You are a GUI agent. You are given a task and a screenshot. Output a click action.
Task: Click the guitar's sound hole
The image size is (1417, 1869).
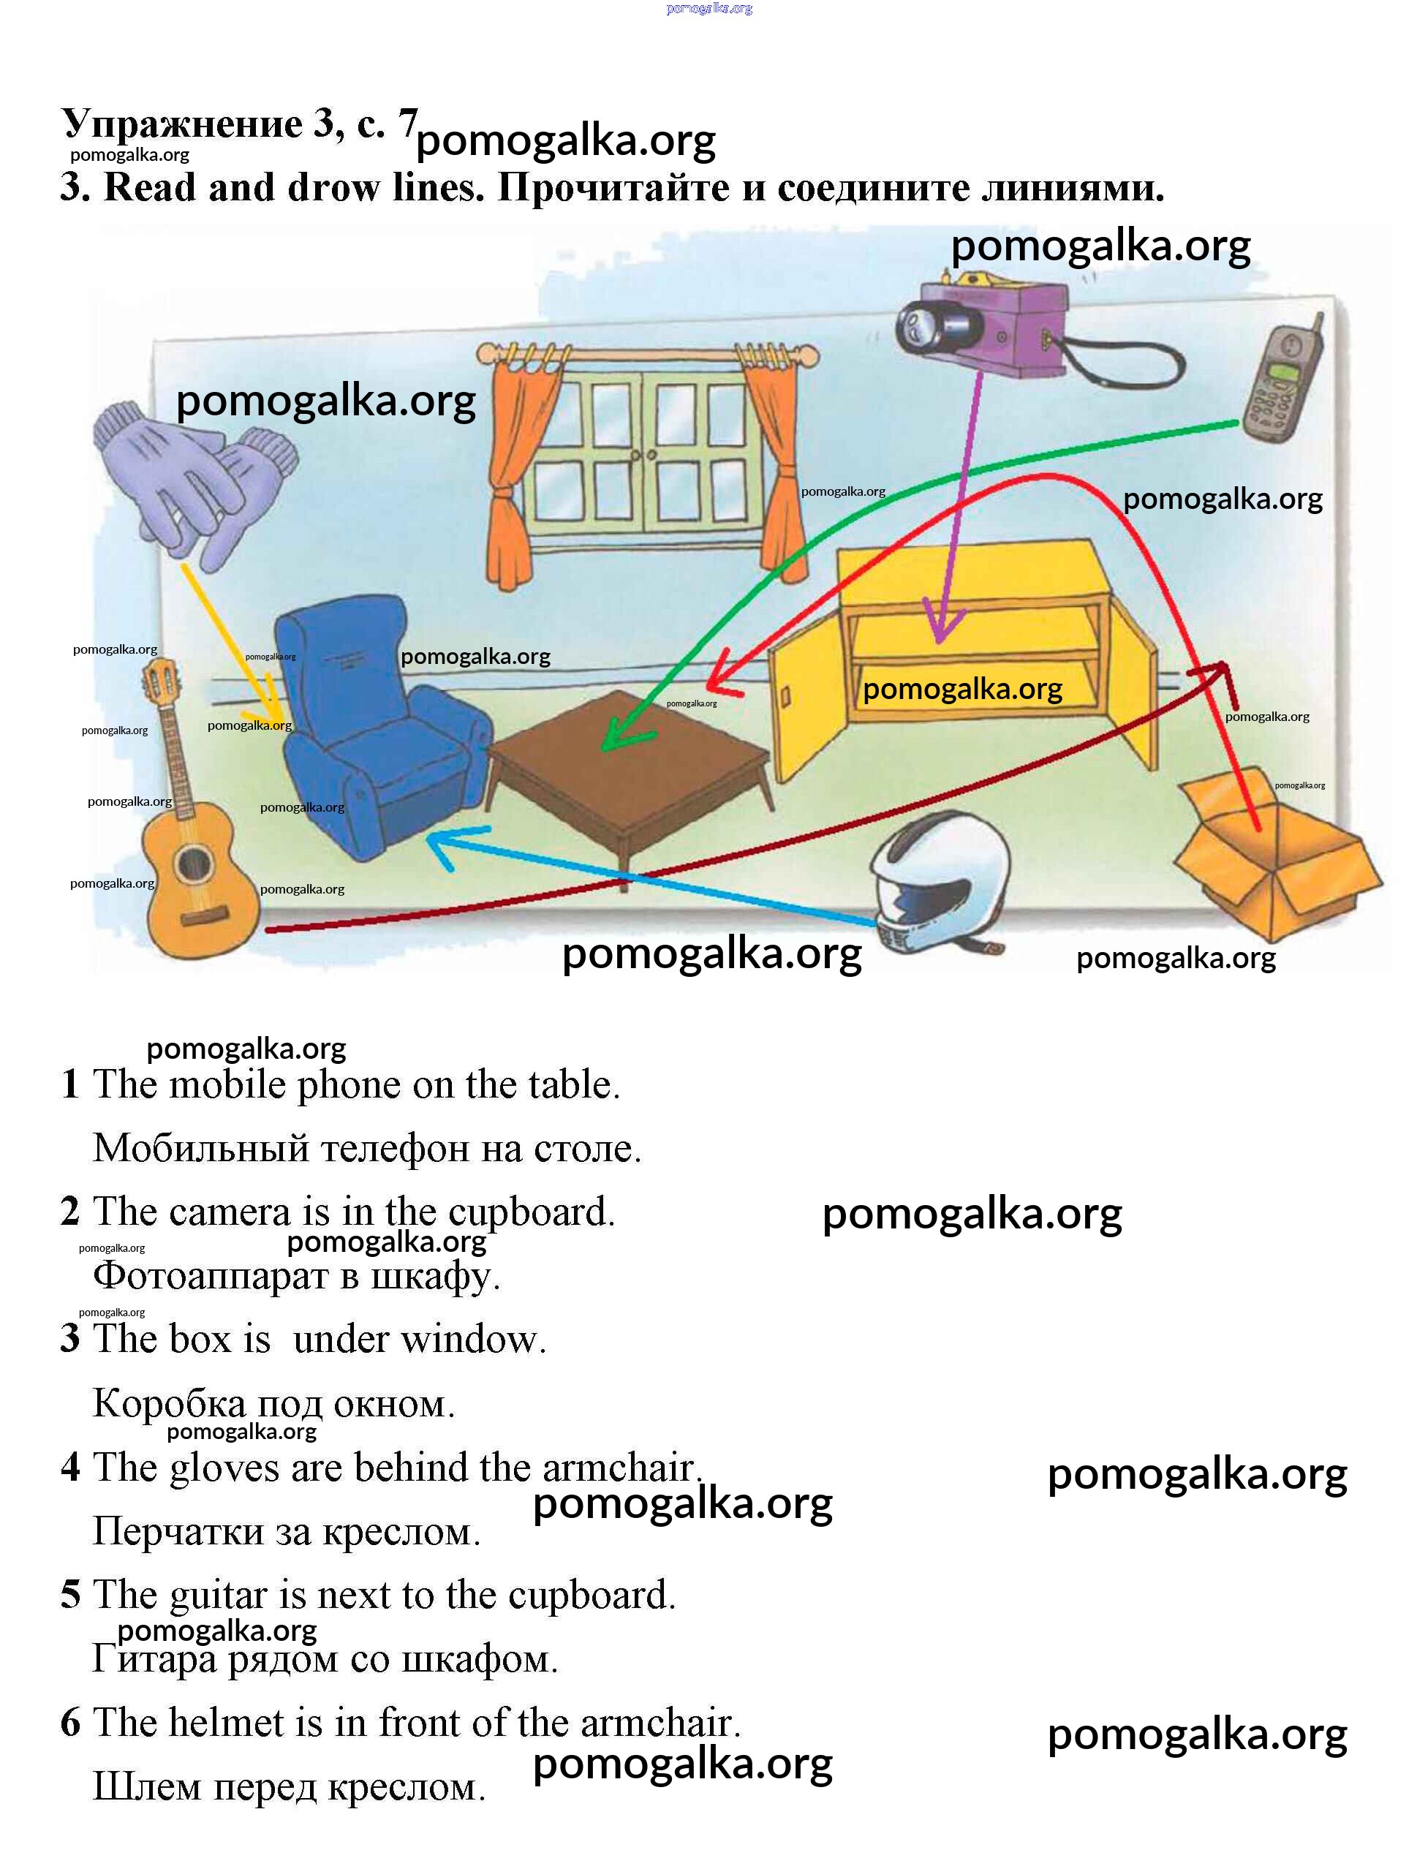click(194, 863)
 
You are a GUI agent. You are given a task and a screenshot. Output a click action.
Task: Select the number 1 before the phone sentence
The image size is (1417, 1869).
click(70, 1085)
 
